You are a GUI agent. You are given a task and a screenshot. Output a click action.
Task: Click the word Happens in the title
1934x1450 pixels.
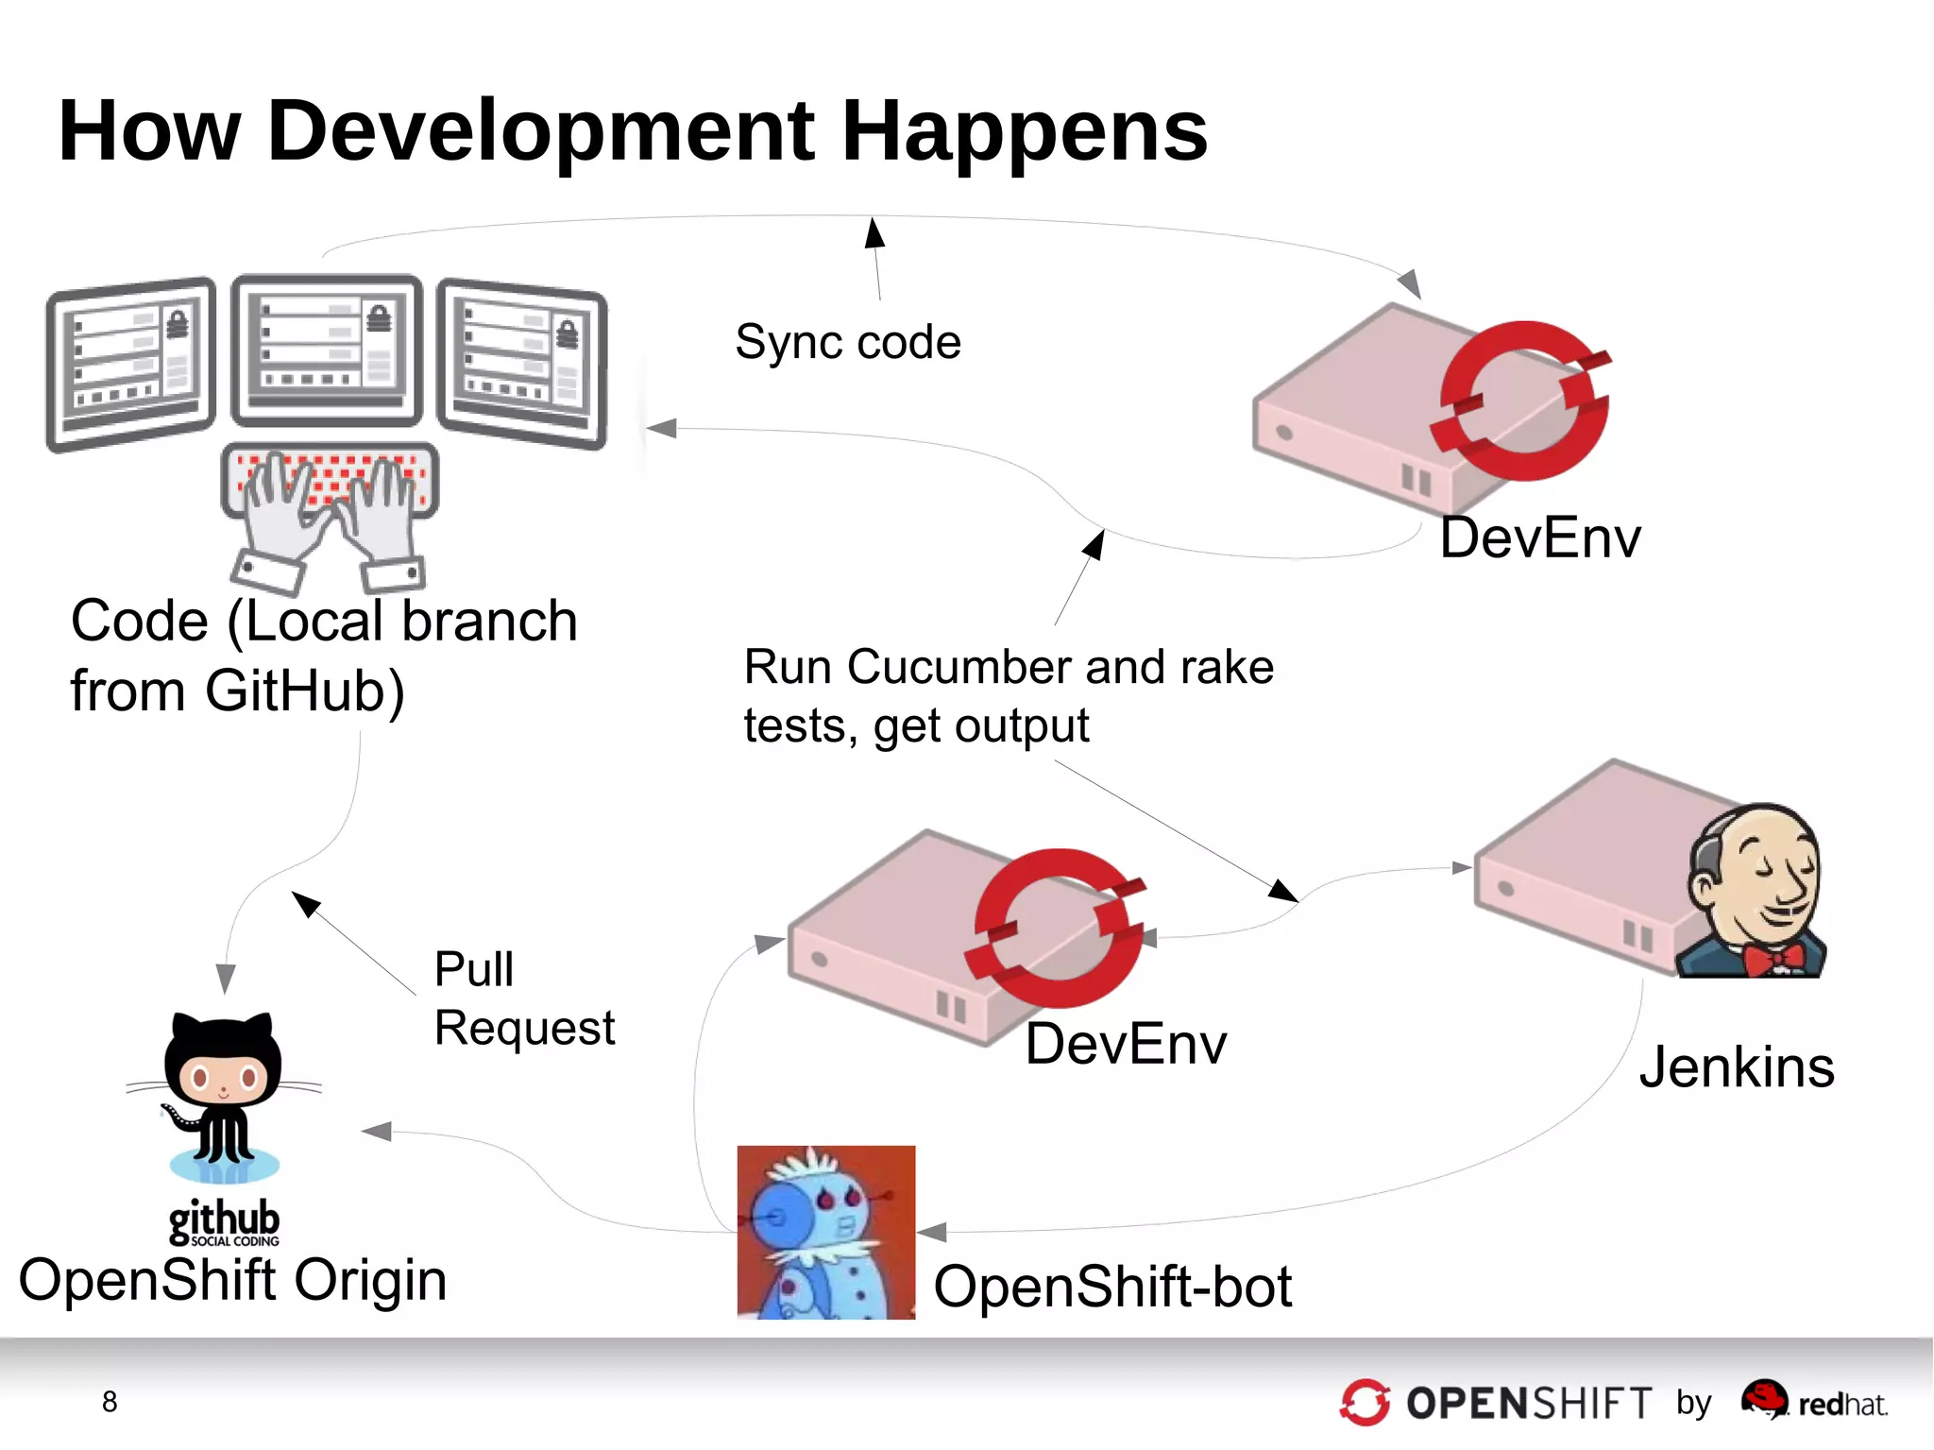pyautogui.click(x=1024, y=132)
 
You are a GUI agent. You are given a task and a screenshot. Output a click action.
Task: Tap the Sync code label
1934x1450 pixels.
pyautogui.click(x=847, y=342)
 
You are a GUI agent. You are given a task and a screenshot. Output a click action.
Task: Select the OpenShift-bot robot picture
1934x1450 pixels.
pyautogui.click(x=825, y=1232)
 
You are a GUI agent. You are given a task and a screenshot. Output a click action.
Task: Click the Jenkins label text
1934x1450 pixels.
pyautogui.click(x=1736, y=1067)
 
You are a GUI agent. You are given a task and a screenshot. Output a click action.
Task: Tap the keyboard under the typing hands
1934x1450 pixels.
pyautogui.click(x=329, y=479)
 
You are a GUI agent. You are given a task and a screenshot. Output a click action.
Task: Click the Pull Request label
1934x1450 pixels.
pyautogui.click(x=523, y=998)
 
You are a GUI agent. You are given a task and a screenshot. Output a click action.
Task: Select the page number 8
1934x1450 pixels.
pyautogui.click(x=110, y=1402)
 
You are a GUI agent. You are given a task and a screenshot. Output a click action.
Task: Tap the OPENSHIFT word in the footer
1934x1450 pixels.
pyautogui.click(x=1528, y=1404)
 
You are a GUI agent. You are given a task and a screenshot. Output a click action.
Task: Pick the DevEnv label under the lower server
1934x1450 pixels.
pyautogui.click(x=1125, y=1045)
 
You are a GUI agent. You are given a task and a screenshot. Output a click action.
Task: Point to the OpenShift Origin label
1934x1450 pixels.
pyautogui.click(x=232, y=1280)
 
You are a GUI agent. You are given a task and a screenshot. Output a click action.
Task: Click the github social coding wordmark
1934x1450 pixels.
pyautogui.click(x=224, y=1221)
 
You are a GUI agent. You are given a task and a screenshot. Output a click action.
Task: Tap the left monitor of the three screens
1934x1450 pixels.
pyautogui.click(x=131, y=363)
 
